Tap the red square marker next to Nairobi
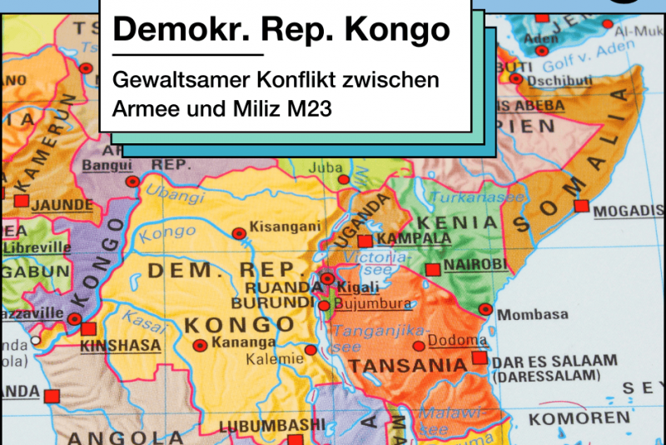[x=432, y=269]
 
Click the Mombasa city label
[x=534, y=314]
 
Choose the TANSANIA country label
[x=407, y=366]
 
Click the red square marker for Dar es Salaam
[x=479, y=358]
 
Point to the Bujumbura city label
[x=372, y=304]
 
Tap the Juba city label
[x=326, y=167]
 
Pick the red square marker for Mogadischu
[x=581, y=206]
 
